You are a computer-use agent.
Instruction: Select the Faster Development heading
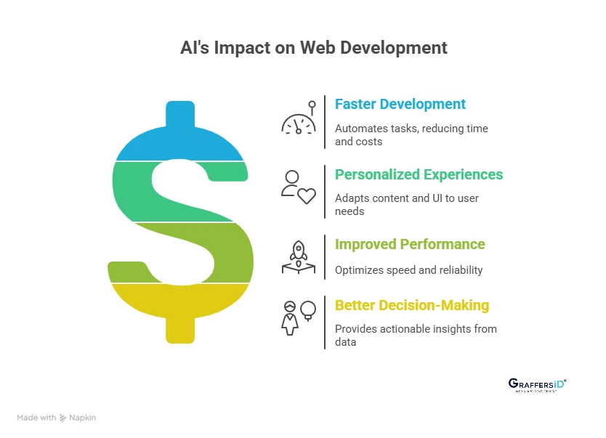[x=400, y=104]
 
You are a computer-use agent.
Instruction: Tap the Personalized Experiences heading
[x=419, y=174]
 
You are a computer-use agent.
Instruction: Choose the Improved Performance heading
[x=410, y=244]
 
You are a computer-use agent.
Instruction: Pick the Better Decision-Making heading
[x=412, y=305]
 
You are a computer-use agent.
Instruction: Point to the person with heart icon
[x=299, y=187]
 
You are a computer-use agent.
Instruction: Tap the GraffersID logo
[x=537, y=385]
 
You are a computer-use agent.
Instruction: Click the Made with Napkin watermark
[x=56, y=418]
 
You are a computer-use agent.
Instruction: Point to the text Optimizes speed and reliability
[x=408, y=270]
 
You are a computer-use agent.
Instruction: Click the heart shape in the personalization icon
[x=307, y=195]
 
